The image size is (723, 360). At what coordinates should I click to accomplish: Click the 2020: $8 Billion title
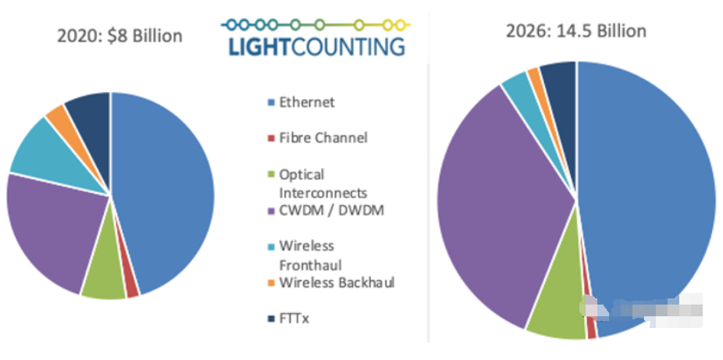pos(119,36)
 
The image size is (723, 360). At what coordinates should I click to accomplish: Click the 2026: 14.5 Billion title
pos(575,31)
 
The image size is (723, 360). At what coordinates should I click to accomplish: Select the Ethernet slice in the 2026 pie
pos(648,195)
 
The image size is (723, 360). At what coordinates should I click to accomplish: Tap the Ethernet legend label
pos(306,102)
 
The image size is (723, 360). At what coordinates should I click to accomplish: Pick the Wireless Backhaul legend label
pos(336,282)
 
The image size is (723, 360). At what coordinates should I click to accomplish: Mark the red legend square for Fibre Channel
pos(270,138)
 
